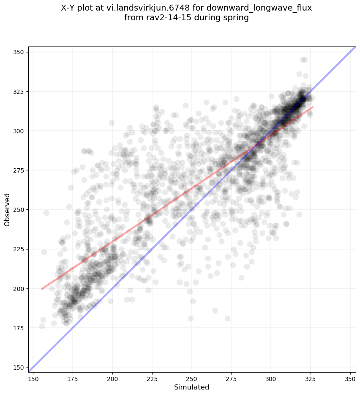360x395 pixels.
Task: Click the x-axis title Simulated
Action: point(192,387)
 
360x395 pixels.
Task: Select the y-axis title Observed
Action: point(7,210)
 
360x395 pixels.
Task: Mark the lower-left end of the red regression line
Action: point(41,289)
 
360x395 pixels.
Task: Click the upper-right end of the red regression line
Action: point(312,107)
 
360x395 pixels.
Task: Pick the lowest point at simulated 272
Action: point(227,318)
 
